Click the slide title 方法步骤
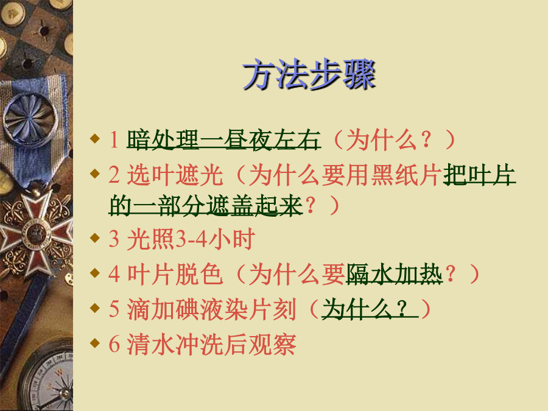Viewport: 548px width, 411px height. click(309, 74)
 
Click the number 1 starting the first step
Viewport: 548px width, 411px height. click(114, 140)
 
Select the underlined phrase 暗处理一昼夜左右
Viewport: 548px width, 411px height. click(223, 140)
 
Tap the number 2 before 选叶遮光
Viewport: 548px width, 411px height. click(114, 174)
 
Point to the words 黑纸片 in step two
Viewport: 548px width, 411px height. click(406, 175)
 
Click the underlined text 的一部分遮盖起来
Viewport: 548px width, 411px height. click(206, 205)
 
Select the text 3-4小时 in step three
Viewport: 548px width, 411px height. click(214, 239)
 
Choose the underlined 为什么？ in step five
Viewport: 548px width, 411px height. click(370, 309)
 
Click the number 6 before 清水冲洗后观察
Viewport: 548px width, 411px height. click(114, 344)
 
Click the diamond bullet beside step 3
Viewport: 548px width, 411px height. click(95, 238)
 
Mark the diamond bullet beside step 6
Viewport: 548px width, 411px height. click(95, 343)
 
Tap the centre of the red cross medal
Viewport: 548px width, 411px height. click(34, 233)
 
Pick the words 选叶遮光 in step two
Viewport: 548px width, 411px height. click(175, 175)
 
